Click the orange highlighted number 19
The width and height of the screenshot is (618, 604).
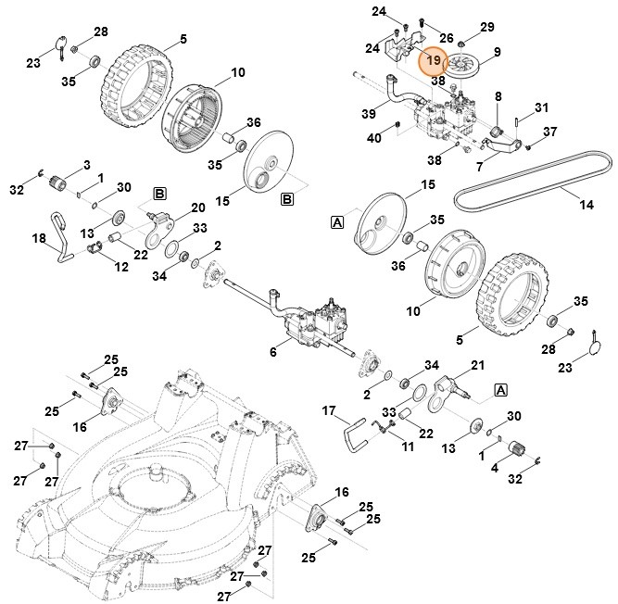click(x=434, y=61)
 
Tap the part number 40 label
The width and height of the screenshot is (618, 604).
click(x=373, y=138)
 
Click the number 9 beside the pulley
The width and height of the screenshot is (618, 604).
click(x=497, y=52)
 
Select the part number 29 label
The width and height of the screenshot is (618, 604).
click(x=487, y=27)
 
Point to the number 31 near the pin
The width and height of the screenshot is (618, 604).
click(x=542, y=107)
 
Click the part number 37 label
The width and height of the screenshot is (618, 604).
click(x=549, y=131)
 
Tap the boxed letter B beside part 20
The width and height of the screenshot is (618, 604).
click(x=159, y=193)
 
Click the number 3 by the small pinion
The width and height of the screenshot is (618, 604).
click(x=87, y=165)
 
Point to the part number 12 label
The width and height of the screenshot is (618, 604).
click(x=122, y=267)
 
